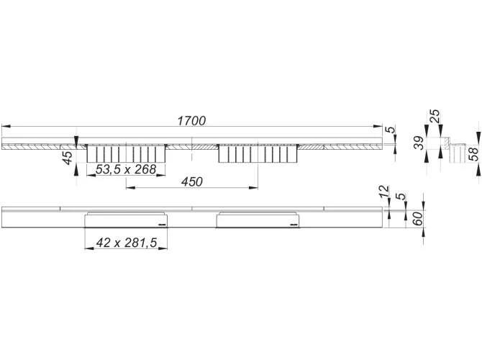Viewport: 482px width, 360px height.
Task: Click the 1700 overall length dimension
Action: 191,121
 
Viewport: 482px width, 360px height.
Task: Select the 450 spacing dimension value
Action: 192,181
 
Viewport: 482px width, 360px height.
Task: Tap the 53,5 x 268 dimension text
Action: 126,169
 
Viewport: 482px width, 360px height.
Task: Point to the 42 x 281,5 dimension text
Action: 127,243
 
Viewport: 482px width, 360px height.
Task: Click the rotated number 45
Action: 68,157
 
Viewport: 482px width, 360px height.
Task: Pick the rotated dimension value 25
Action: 435,116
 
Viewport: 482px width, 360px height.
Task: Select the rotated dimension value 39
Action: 419,143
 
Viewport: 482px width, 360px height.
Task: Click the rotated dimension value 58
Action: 473,154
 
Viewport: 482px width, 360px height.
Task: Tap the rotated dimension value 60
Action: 417,218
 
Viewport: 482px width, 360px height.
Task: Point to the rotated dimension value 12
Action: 384,192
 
